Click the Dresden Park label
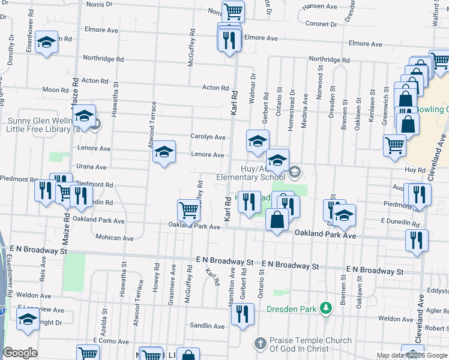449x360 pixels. click(292, 309)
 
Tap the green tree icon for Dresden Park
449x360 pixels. click(325, 308)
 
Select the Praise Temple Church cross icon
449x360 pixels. click(260, 344)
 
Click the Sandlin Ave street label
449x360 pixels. click(207, 326)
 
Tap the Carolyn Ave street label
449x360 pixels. click(208, 137)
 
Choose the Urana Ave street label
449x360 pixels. click(91, 167)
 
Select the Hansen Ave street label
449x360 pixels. click(320, 7)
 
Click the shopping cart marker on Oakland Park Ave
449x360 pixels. click(188, 211)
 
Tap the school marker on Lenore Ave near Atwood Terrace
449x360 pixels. click(164, 153)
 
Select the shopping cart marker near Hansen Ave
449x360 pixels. click(233, 11)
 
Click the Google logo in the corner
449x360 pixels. click(20, 353)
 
